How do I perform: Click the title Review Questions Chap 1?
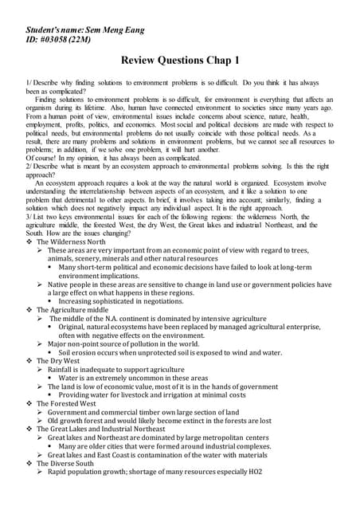click(x=179, y=61)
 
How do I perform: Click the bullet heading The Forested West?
click(x=72, y=403)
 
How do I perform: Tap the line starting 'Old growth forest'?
click(x=159, y=420)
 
